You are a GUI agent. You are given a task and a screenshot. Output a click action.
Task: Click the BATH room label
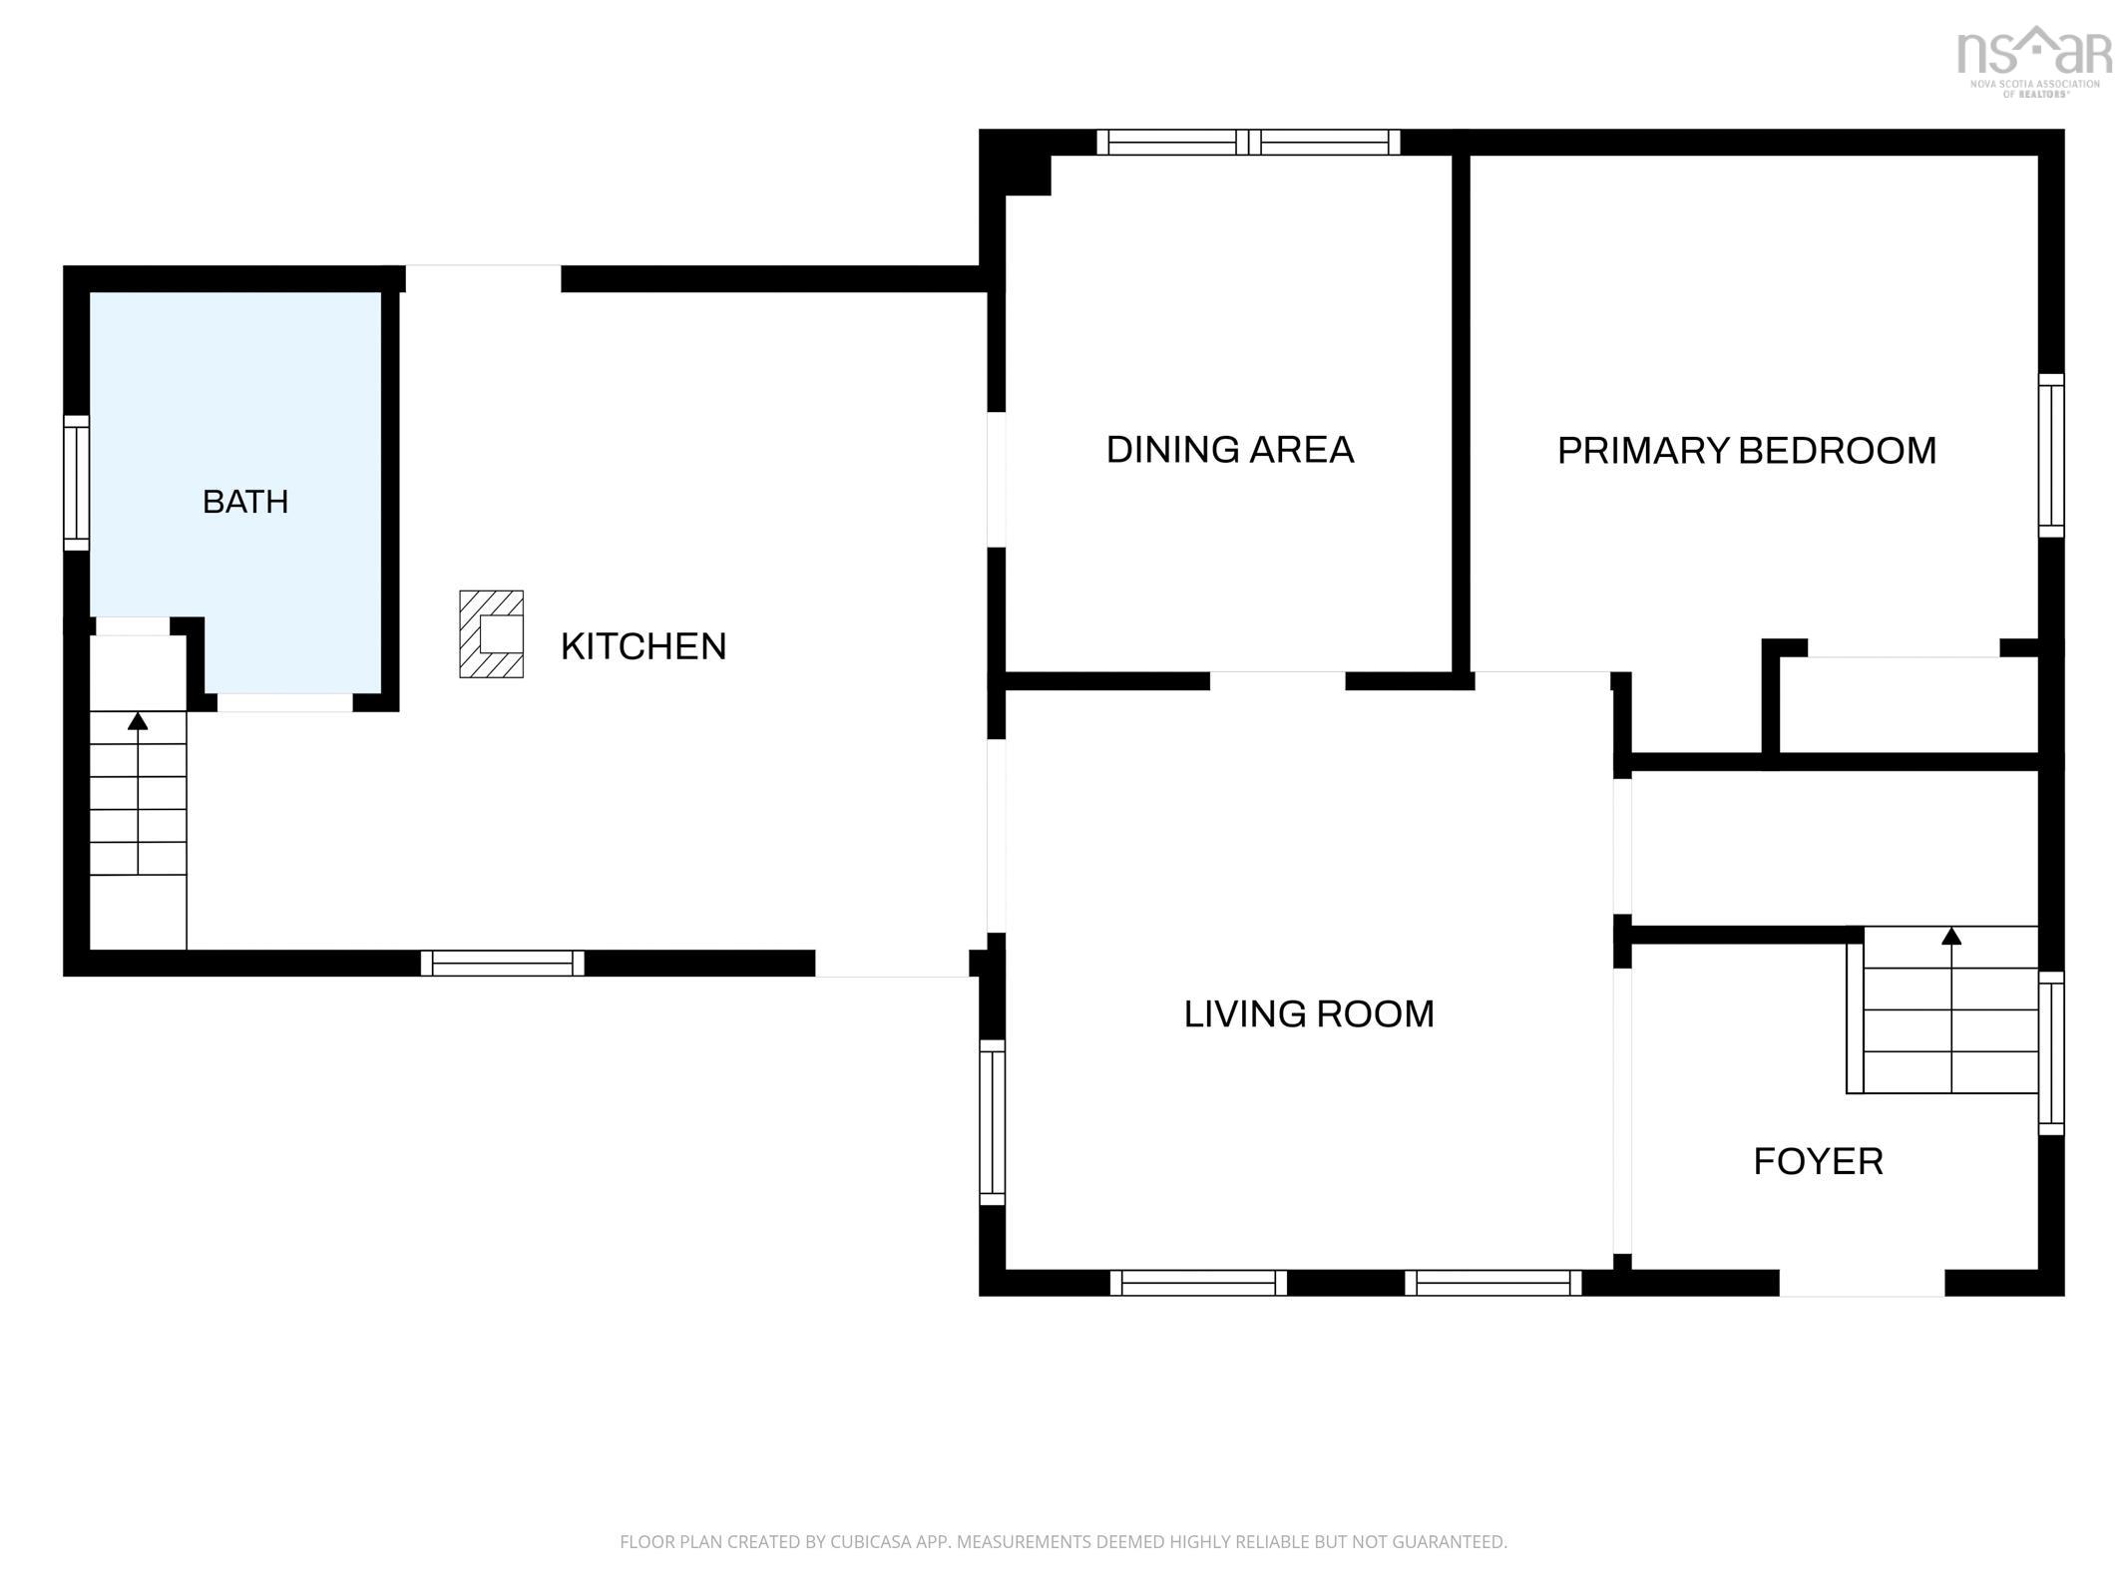pyautogui.click(x=245, y=502)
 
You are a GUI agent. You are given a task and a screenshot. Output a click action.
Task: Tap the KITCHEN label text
pyautogui.click(x=643, y=646)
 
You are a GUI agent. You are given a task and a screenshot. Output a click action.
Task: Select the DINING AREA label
pyautogui.click(x=1230, y=450)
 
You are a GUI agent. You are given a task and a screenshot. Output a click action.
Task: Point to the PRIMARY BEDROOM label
pyautogui.click(x=1747, y=451)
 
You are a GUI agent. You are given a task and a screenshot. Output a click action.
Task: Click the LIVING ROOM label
pyautogui.click(x=1309, y=1014)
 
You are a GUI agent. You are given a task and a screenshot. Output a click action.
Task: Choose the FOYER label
pyautogui.click(x=1819, y=1161)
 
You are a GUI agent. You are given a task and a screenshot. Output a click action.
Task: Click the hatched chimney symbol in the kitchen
pyautogui.click(x=491, y=634)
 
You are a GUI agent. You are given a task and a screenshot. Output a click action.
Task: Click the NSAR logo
pyautogui.click(x=2035, y=60)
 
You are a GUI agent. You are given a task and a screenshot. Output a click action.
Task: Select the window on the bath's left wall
pyautogui.click(x=77, y=483)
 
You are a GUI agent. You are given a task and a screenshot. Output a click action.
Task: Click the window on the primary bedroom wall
pyautogui.click(x=2051, y=456)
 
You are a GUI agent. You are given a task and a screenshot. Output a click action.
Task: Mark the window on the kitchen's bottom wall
pyautogui.click(x=503, y=964)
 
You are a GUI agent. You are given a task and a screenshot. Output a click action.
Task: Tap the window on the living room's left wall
pyautogui.click(x=992, y=1122)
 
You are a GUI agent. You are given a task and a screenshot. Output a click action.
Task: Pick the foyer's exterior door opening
pyautogui.click(x=1863, y=1284)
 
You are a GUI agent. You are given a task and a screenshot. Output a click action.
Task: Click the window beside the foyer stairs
pyautogui.click(x=2051, y=1053)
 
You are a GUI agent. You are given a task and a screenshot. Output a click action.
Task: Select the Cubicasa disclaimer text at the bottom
pyautogui.click(x=1064, y=1542)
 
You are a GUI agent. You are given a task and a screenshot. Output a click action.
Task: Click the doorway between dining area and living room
pyautogui.click(x=1278, y=681)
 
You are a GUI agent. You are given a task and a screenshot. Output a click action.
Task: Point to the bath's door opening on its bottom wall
pyautogui.click(x=285, y=702)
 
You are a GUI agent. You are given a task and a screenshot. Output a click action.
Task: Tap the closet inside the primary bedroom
pyautogui.click(x=1908, y=704)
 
